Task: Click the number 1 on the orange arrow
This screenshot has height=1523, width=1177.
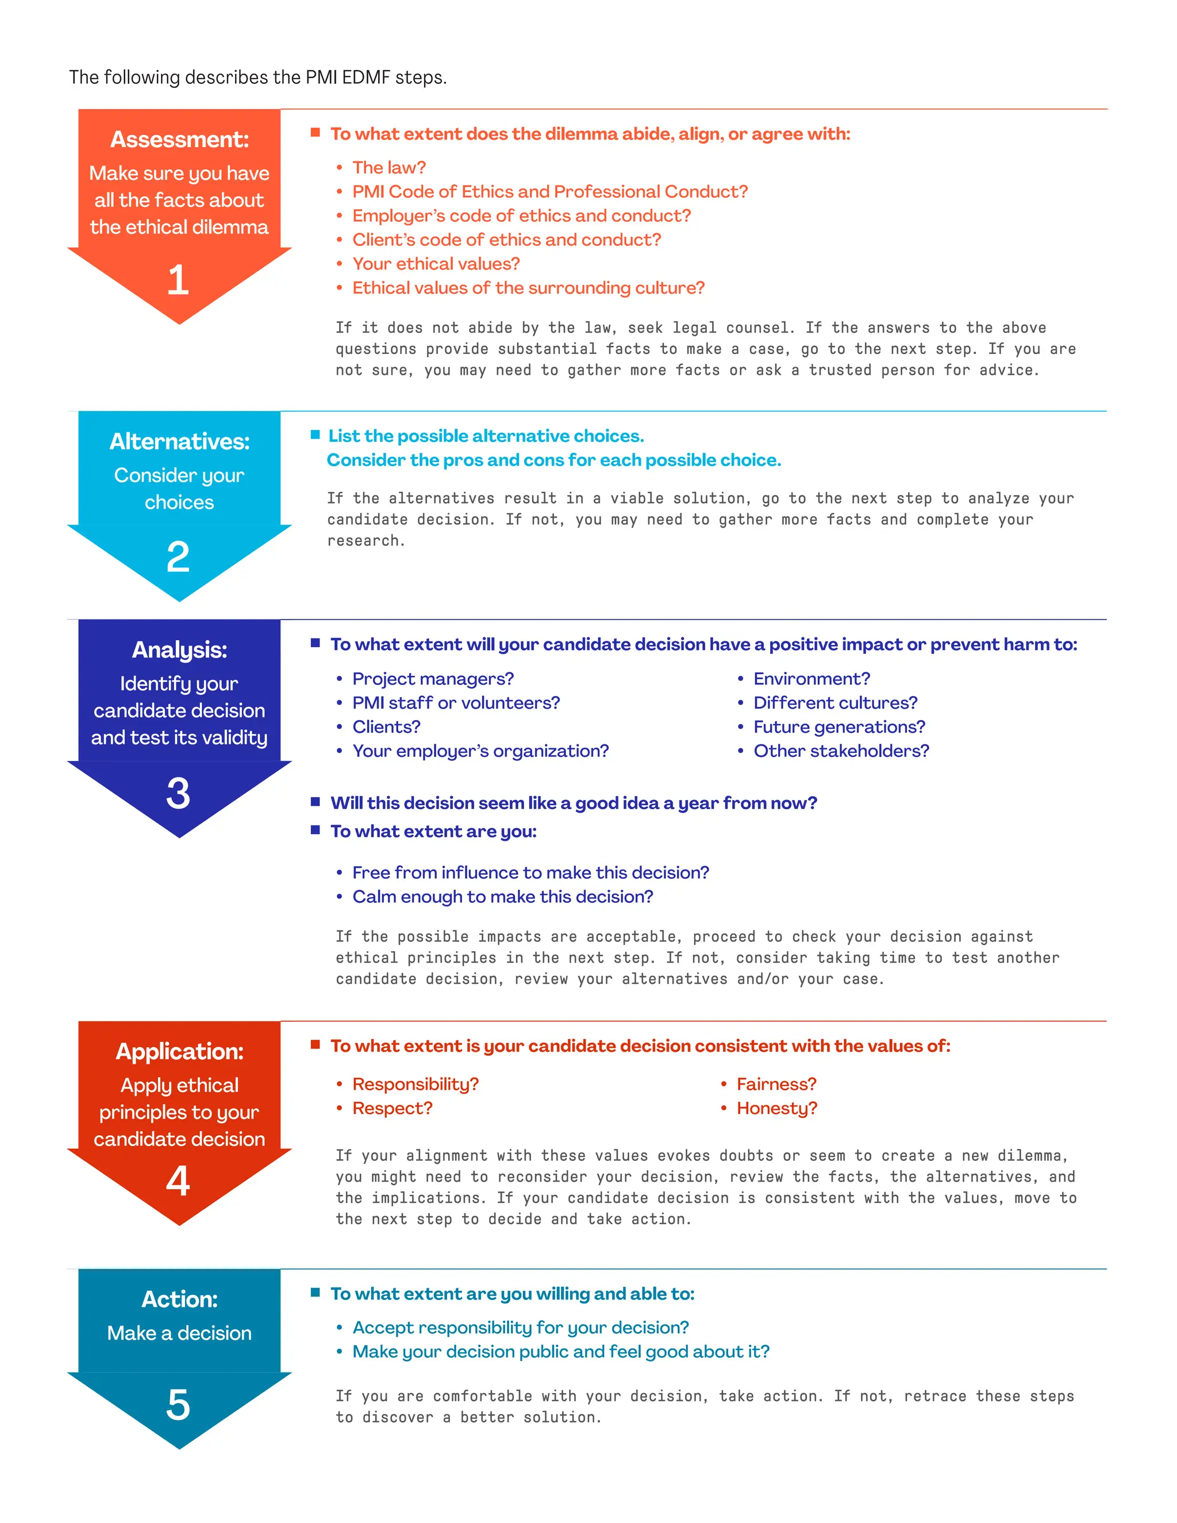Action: tap(179, 280)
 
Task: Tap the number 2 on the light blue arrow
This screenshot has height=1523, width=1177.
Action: tap(179, 556)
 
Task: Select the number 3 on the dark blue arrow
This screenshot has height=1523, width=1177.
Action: tap(179, 793)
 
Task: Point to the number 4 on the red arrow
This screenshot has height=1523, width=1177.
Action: tap(179, 1180)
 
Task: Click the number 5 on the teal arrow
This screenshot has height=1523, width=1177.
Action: tap(179, 1405)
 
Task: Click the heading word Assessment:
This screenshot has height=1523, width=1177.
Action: tap(179, 140)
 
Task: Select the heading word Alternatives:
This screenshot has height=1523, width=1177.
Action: tap(179, 441)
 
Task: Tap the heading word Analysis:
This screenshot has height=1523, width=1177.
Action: tap(179, 650)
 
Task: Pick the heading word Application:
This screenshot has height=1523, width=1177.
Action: tap(179, 1052)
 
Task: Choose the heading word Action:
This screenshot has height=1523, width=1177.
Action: tap(179, 1299)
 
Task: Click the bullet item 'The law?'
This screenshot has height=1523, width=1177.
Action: tap(389, 167)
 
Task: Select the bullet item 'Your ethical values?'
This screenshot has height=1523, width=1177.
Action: tap(436, 264)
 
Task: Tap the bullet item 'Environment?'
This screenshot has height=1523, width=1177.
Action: tap(811, 679)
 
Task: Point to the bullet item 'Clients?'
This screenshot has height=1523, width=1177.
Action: tap(386, 726)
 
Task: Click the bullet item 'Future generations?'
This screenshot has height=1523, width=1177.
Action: tap(839, 726)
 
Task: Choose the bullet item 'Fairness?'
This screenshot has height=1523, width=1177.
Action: tap(776, 1084)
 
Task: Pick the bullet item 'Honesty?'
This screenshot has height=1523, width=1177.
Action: tap(777, 1108)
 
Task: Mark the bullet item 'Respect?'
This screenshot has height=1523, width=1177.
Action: tap(392, 1108)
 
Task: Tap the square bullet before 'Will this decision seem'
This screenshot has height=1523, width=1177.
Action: tap(315, 802)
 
